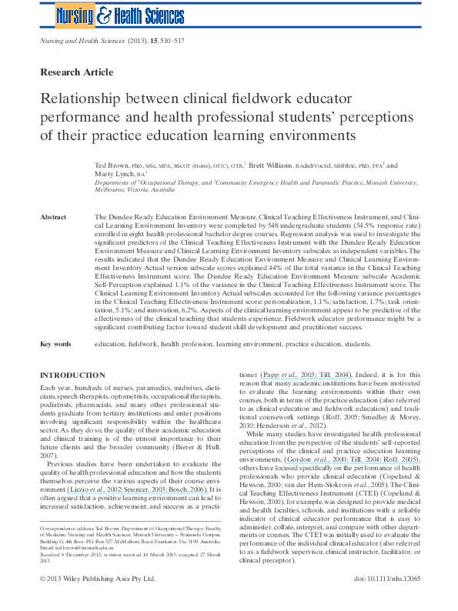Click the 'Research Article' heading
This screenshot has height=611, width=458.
pyautogui.click(x=76, y=72)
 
